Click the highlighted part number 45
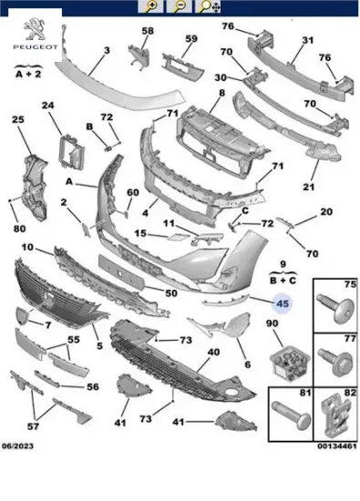tap(283, 303)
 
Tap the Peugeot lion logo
tap(36, 29)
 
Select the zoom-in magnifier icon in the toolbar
tap(151, 6)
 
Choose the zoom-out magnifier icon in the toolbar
tap(179, 6)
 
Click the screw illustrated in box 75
tap(335, 307)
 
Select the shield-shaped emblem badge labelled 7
tap(23, 316)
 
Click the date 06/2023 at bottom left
tap(17, 445)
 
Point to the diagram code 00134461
tap(337, 445)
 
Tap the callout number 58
tap(148, 31)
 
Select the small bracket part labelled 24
tap(71, 152)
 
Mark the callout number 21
tap(309, 187)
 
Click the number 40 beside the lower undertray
tap(213, 353)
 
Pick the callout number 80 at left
tap(19, 229)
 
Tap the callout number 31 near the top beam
tap(307, 40)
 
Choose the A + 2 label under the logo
tap(28, 74)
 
